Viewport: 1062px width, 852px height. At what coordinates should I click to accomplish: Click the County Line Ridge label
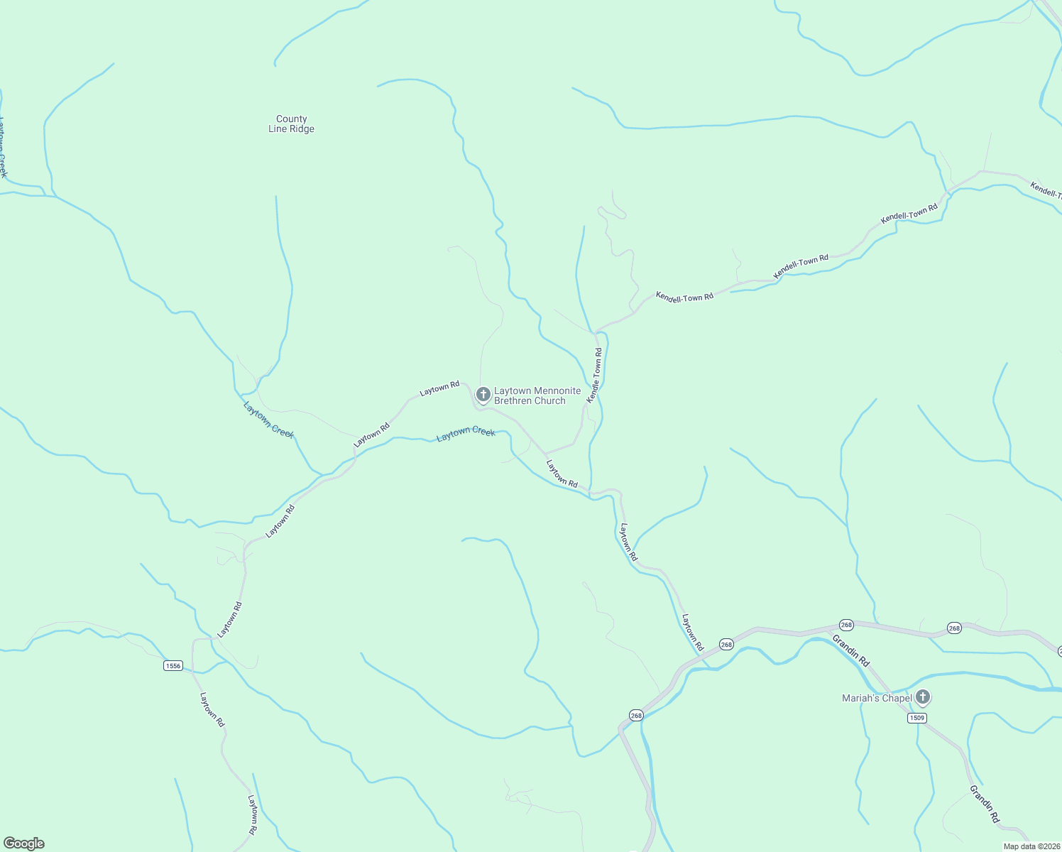coord(291,124)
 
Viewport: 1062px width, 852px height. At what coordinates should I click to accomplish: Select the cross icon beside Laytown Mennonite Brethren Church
coord(483,394)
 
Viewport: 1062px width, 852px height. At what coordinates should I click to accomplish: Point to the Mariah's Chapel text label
coord(877,699)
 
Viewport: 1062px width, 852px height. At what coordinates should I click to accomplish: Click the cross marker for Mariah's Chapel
coord(922,697)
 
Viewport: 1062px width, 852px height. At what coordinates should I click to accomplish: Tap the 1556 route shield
coord(173,665)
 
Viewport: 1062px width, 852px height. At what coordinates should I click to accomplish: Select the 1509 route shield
coord(916,718)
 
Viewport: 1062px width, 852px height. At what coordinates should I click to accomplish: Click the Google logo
coord(24,843)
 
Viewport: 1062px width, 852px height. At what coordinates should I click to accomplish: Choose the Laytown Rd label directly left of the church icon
coord(439,388)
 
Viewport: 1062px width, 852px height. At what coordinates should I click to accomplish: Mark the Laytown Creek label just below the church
coord(466,433)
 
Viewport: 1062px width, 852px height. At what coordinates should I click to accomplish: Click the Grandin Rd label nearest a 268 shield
coord(850,651)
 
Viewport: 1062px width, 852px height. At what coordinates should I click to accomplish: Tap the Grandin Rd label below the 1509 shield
coord(985,804)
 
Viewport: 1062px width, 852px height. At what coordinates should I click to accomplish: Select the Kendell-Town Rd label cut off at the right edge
coord(1046,190)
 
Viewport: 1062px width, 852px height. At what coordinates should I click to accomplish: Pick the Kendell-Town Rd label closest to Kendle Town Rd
coord(684,297)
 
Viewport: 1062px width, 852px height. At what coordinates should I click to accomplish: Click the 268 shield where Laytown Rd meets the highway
coord(726,644)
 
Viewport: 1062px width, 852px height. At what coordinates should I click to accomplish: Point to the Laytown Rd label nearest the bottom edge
coord(252,814)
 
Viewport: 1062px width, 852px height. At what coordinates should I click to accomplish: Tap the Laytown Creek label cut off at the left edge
coord(3,147)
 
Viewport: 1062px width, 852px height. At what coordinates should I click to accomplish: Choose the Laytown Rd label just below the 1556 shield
coord(212,709)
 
